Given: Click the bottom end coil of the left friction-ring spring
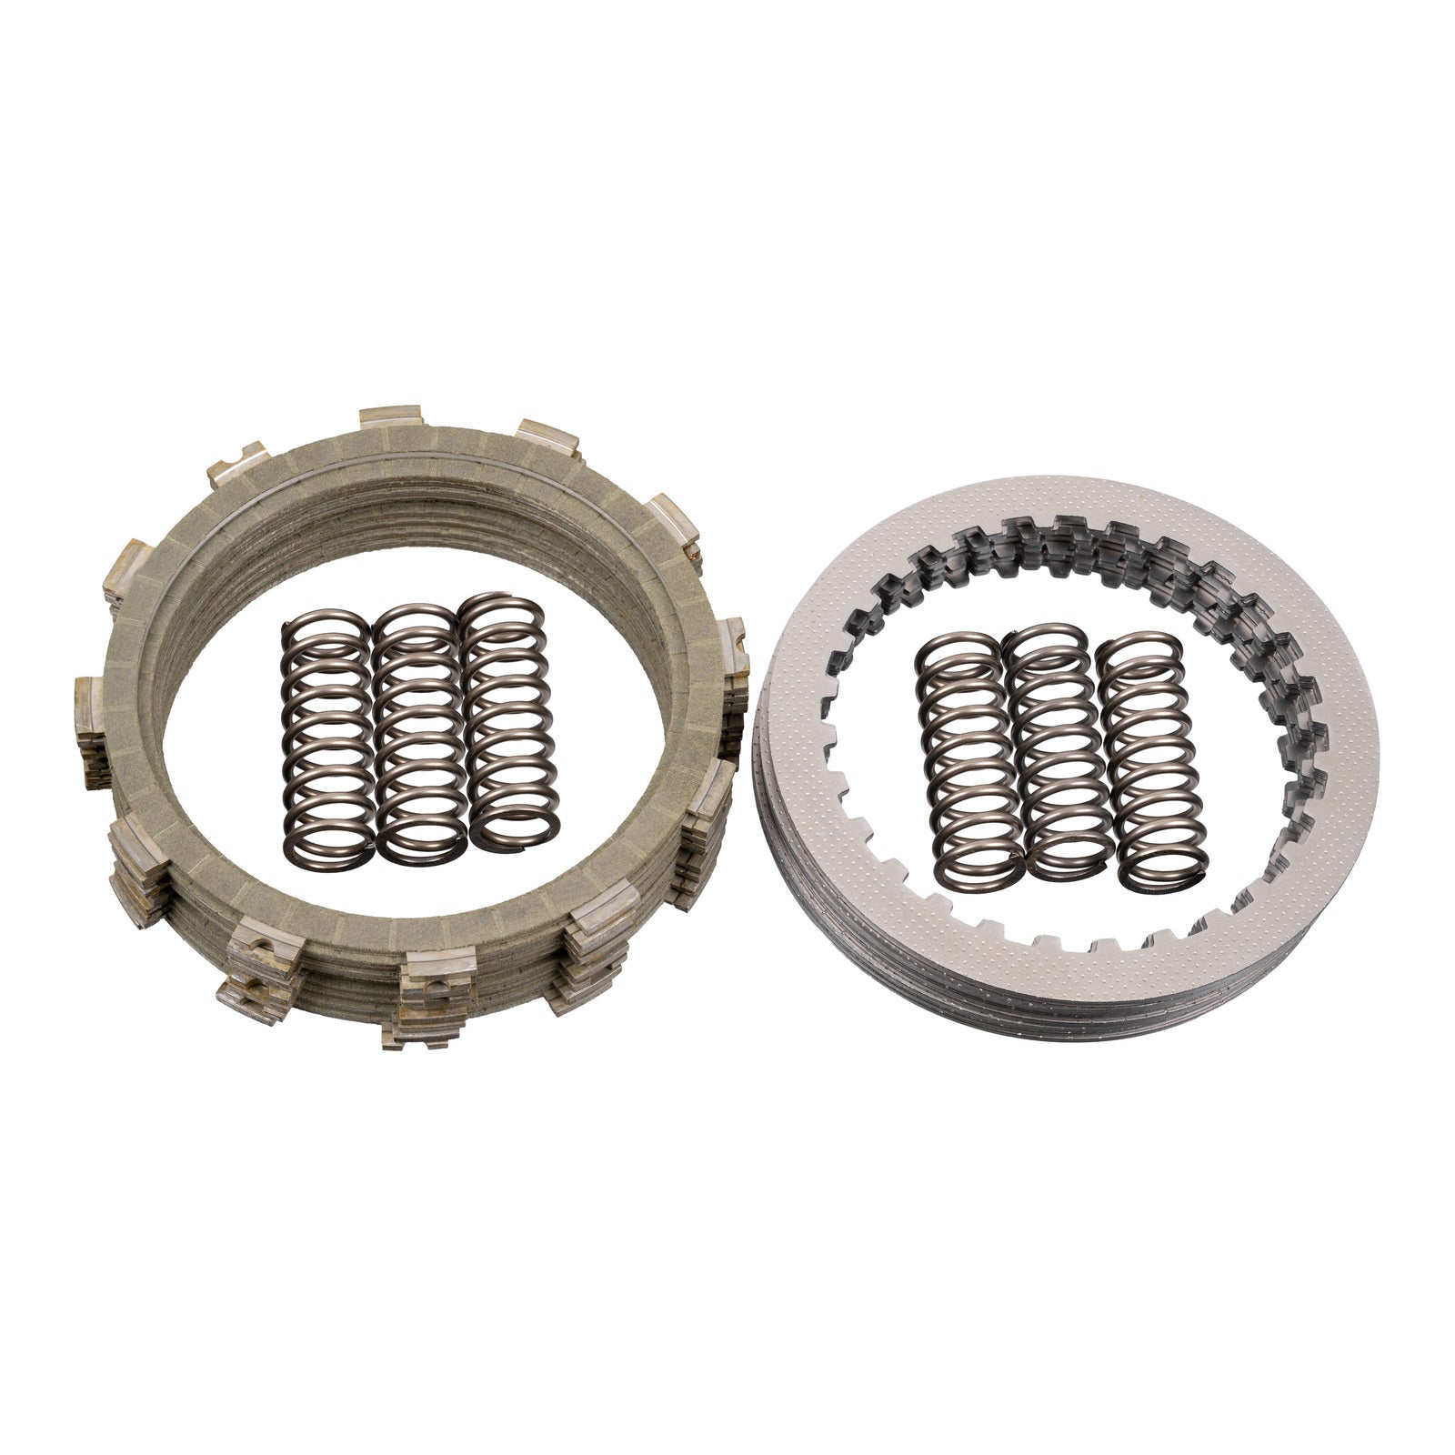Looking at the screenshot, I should coord(329,850).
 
